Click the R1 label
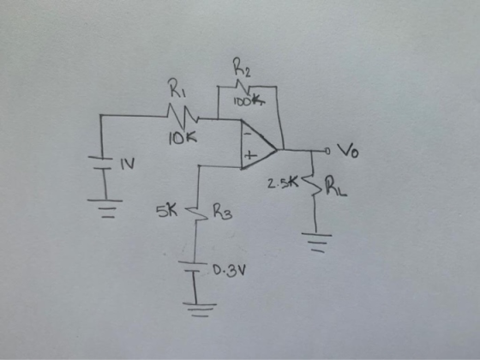178,88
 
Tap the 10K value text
183,139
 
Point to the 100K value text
249,101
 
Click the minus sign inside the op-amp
248,134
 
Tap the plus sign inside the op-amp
250,155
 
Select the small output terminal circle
327,151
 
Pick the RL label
336,187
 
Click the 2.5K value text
282,183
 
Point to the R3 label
223,212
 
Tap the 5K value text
166,211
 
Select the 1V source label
128,165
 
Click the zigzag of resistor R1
183,117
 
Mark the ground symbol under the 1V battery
105,209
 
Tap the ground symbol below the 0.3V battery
200,309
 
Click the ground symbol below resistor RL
317,243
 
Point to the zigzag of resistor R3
196,213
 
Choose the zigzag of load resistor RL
312,184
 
